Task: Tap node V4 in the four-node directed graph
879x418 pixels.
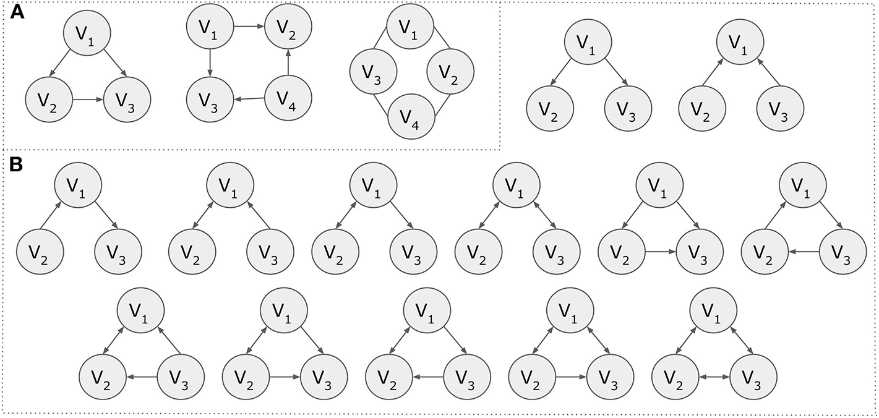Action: (289, 98)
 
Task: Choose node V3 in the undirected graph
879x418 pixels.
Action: (372, 73)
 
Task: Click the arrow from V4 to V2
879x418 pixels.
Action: (289, 62)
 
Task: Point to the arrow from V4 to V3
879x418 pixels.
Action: (250, 98)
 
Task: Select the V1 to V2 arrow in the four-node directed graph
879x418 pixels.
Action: (249, 26)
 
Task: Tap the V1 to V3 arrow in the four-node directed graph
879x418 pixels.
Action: (210, 62)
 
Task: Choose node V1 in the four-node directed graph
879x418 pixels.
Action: (210, 26)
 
